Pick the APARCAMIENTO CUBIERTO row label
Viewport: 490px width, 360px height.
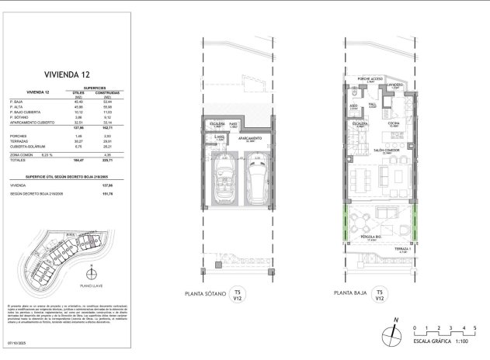[x=33, y=123]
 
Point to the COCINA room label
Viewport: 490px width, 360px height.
[x=394, y=123]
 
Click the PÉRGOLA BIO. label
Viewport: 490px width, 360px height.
[x=370, y=237]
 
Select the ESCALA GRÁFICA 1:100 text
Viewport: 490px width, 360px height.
[x=444, y=341]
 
